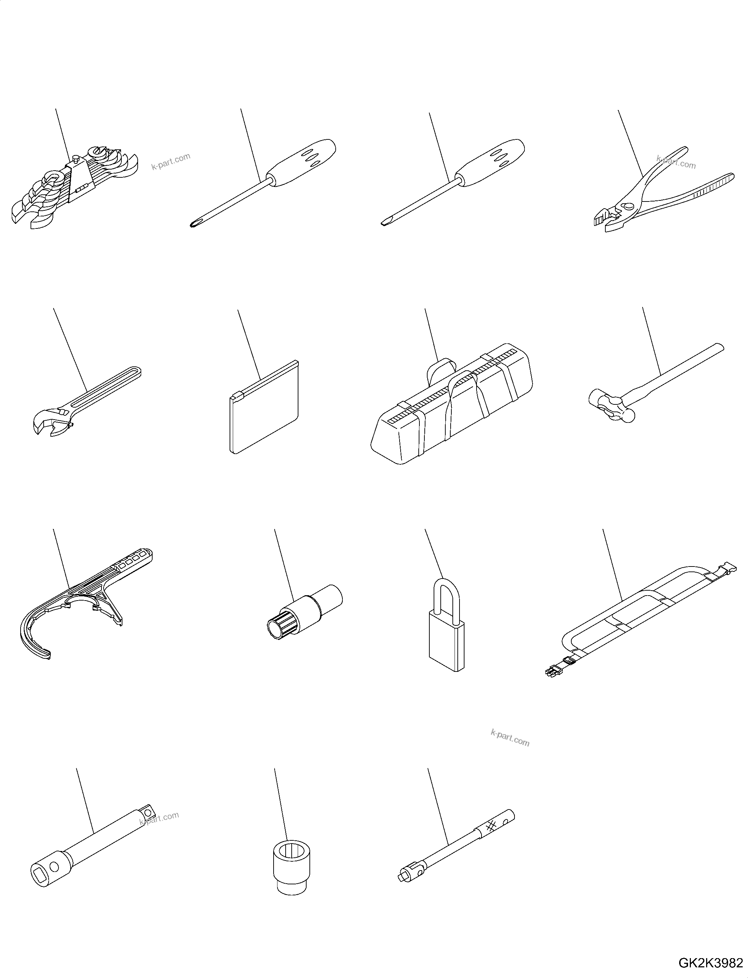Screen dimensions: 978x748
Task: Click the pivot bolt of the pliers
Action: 628,206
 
